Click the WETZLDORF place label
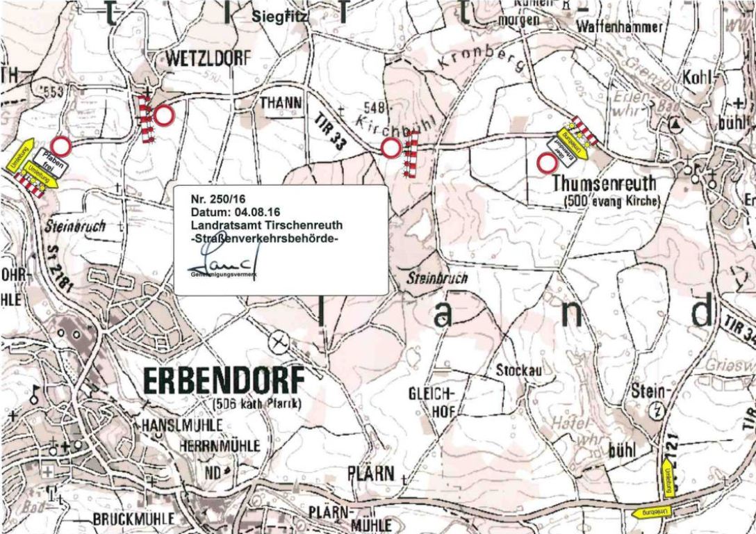[x=206, y=60]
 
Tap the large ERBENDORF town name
[x=223, y=381]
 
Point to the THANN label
[x=281, y=103]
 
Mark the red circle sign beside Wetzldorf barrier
[x=164, y=115]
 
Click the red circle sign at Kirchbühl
[x=391, y=147]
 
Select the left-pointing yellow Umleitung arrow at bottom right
[x=653, y=512]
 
